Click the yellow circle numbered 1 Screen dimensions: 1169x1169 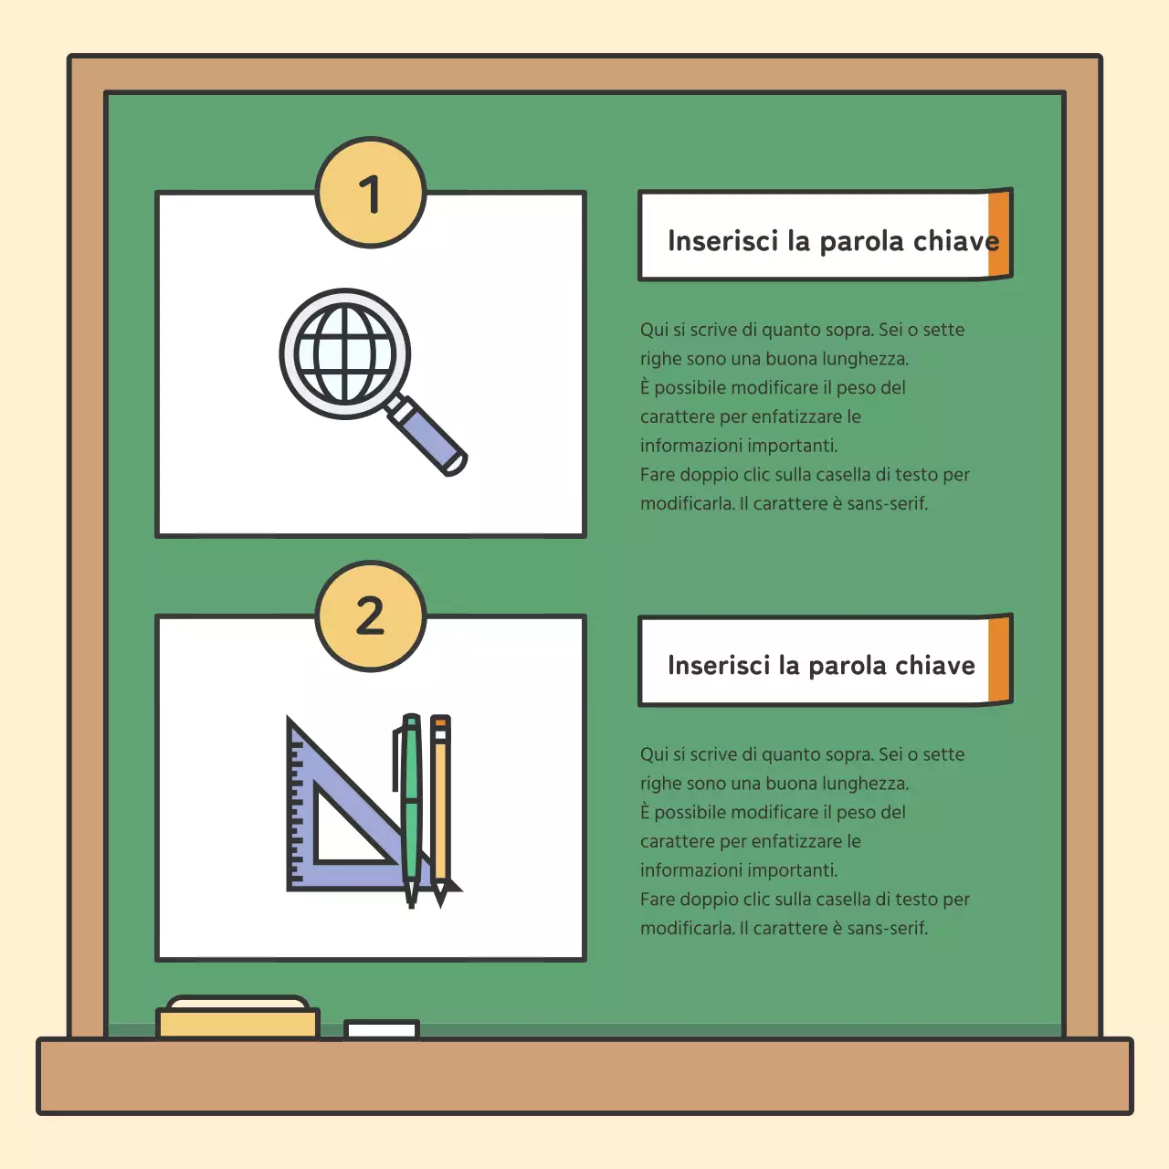(370, 193)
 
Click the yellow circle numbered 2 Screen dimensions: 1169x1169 (370, 616)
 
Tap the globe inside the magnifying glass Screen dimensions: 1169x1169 (344, 353)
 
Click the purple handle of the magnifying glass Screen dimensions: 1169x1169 (427, 435)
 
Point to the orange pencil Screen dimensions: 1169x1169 (440, 810)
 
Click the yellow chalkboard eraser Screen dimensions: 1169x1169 (237, 1017)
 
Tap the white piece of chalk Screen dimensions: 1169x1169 (382, 1029)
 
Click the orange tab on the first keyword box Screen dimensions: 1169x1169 (1000, 234)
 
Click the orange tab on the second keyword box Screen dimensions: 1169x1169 (1000, 658)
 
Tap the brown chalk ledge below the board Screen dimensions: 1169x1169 (584, 1075)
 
